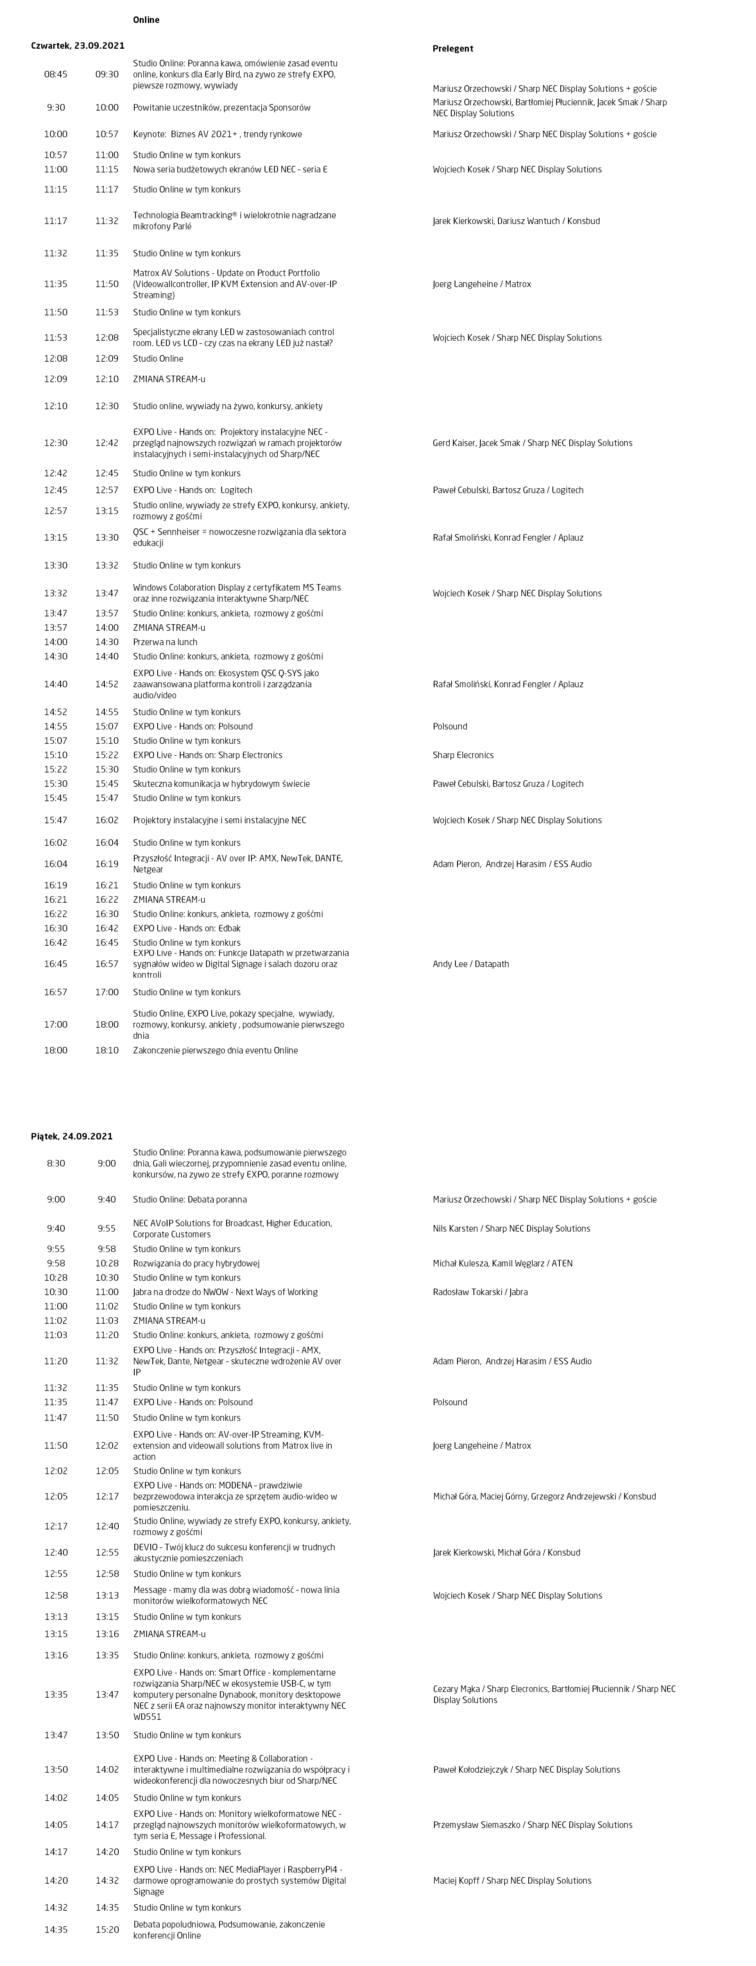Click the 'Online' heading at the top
146,20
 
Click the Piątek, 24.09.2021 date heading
72,1136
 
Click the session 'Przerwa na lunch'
165,642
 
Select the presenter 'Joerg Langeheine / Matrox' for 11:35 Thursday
481,284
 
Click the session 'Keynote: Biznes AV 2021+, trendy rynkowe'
217,134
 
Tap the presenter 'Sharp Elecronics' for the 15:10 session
463,755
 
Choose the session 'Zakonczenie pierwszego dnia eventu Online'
215,1050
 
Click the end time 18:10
107,1050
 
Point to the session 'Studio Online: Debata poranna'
189,1199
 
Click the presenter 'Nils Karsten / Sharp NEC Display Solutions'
511,1229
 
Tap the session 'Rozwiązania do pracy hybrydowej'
196,1263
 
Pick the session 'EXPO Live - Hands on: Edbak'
187,928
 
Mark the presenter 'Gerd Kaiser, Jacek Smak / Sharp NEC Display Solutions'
532,443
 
